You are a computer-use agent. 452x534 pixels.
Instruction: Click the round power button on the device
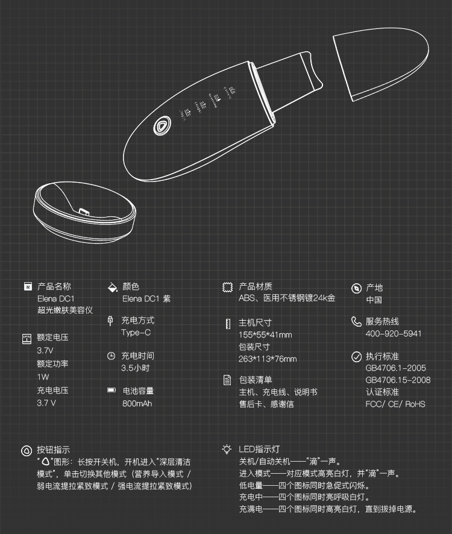coord(162,126)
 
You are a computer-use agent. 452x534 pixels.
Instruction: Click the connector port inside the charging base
coord(84,212)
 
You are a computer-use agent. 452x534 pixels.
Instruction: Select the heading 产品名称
coord(54,286)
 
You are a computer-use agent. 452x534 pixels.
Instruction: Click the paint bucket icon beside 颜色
coord(112,287)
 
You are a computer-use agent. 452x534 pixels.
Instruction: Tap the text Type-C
coord(136,333)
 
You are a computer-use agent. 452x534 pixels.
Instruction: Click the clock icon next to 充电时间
coord(111,356)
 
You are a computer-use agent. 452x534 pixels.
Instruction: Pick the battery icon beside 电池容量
coord(111,390)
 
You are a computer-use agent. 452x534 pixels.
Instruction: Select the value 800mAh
coord(137,404)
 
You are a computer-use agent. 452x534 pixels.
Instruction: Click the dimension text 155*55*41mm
coord(265,335)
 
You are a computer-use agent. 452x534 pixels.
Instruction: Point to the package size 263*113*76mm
coord(268,359)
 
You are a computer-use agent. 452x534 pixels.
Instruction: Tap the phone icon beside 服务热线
coord(356,321)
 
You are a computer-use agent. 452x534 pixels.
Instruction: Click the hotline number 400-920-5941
coord(394,334)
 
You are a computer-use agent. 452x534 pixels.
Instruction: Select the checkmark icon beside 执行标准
coord(356,357)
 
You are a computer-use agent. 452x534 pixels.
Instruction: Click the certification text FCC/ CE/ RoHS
coord(395,404)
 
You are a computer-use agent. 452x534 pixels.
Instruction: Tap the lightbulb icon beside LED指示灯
coord(227,449)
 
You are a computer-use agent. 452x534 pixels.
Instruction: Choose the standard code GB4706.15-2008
coord(398,380)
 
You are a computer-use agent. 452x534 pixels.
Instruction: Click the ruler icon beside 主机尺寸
coord(228,324)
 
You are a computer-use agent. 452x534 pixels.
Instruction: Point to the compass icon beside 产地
coord(356,288)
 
